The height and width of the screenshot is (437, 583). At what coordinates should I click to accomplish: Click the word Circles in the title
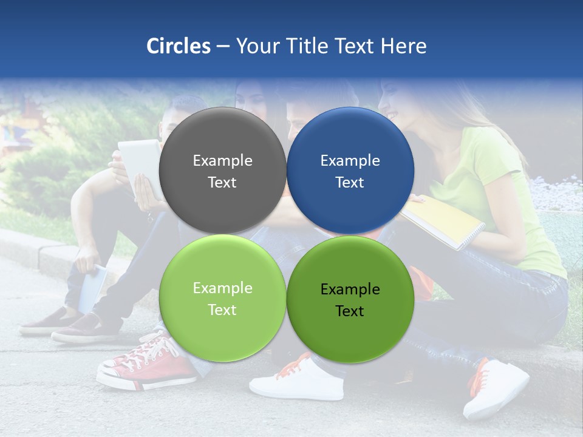tap(178, 46)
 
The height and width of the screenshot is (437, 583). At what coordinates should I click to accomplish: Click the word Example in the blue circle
tap(350, 161)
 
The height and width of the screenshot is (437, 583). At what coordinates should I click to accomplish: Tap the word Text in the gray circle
tap(222, 183)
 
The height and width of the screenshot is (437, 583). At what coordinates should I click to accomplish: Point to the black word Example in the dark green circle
tap(350, 290)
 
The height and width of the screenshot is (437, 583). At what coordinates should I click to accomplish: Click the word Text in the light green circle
tap(222, 310)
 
